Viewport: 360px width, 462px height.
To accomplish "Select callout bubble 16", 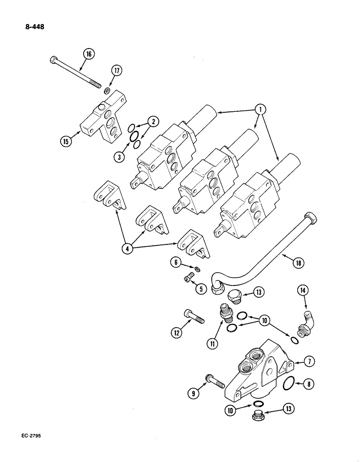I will pos(88,55).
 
